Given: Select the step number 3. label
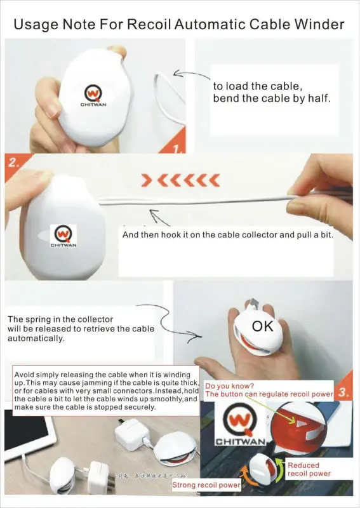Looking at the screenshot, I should (343, 393).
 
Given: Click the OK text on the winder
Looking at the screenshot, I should (263, 327).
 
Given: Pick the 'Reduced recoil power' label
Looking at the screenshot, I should (309, 469).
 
